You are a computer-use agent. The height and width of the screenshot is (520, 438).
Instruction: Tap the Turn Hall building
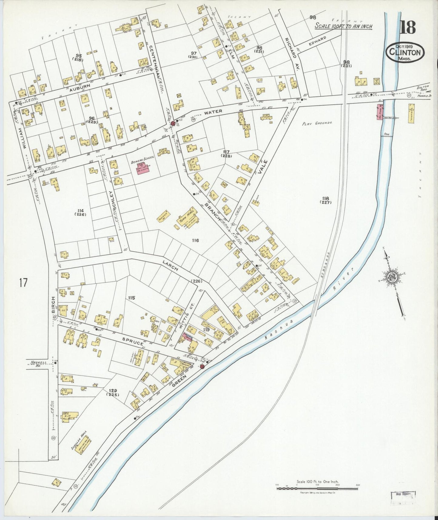coord(187,217)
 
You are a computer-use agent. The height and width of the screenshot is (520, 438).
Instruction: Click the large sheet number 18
coord(408,27)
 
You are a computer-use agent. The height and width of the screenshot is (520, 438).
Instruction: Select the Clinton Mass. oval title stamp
coord(405,52)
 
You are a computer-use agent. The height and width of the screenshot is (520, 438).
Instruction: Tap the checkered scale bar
coord(317,488)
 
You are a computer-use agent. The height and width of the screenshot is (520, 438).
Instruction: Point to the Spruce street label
coord(133,342)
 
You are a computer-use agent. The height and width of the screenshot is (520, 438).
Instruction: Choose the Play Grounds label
coord(317,123)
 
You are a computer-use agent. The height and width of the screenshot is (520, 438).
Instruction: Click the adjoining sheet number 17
coord(23,283)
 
